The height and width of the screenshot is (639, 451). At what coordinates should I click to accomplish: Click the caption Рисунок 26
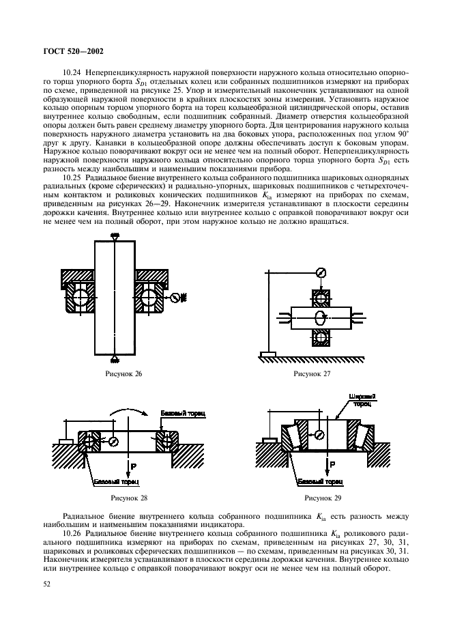pyautogui.click(x=123, y=375)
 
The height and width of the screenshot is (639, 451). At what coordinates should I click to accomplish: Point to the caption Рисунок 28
pyautogui.click(x=124, y=498)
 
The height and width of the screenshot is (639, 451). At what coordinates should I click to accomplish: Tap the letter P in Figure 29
pyautogui.click(x=332, y=464)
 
